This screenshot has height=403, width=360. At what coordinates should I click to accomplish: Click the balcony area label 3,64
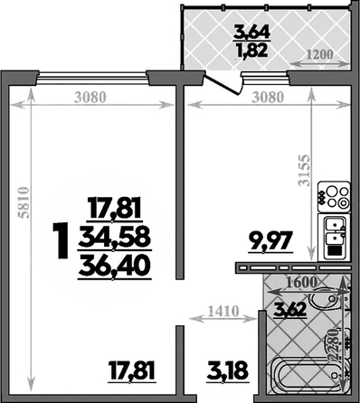click(x=251, y=33)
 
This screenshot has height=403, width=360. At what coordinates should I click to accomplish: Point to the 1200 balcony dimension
click(x=320, y=55)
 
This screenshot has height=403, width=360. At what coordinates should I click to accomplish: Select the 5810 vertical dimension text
click(x=24, y=202)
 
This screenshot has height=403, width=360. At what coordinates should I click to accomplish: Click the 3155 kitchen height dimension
click(x=304, y=170)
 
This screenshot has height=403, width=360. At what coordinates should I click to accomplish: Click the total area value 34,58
click(x=114, y=238)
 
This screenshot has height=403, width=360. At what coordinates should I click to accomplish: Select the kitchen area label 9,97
click(x=270, y=241)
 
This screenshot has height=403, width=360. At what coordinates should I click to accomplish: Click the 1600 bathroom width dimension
click(x=301, y=283)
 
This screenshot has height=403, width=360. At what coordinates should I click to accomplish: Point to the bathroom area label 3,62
click(x=289, y=309)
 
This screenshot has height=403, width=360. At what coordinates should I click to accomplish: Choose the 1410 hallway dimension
click(x=223, y=311)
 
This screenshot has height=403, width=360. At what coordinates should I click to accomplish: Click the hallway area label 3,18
click(x=228, y=370)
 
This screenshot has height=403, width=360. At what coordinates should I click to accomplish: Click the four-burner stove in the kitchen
click(x=334, y=197)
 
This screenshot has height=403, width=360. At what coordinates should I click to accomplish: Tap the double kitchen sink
click(x=334, y=238)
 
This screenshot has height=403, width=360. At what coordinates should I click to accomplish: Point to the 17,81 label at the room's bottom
click(x=132, y=370)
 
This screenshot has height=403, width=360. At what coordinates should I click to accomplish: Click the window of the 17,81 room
click(x=93, y=79)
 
